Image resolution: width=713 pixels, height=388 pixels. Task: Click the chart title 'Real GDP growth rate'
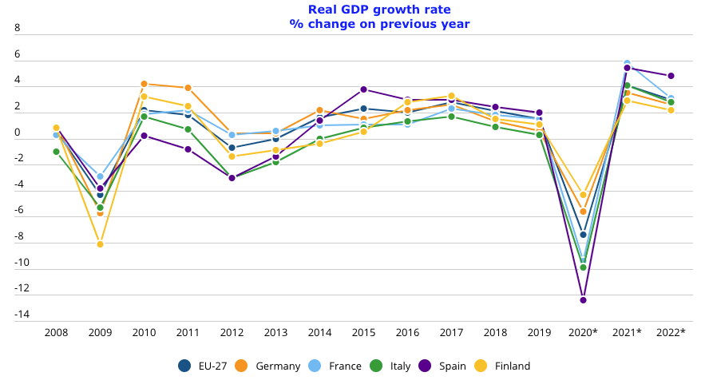coord(379,10)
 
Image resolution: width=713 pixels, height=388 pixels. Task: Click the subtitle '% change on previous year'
coord(379,24)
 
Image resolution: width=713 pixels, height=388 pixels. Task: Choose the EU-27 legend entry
coord(203,366)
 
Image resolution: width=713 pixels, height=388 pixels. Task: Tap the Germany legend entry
coord(268,366)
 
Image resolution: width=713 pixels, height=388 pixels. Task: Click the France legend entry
coord(335,366)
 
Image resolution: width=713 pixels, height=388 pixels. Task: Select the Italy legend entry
coord(390,366)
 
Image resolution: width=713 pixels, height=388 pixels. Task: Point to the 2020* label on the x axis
coord(583,332)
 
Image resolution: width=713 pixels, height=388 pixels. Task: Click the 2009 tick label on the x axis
coord(100,332)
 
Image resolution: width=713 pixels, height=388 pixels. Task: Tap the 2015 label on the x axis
coord(363,332)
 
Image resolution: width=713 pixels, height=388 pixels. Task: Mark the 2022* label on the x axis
coord(671,332)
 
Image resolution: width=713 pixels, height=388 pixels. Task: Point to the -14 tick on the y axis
coord(22,315)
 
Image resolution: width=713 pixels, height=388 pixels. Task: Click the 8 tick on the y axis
coord(18,28)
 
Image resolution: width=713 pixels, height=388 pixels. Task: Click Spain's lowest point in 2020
coord(583,300)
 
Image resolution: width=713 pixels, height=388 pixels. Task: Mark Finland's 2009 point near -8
coord(100,244)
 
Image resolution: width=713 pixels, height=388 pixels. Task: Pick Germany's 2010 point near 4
coord(144,84)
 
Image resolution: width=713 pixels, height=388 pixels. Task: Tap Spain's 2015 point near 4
coord(363,89)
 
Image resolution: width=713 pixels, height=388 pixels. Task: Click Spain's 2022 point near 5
coord(671,76)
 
